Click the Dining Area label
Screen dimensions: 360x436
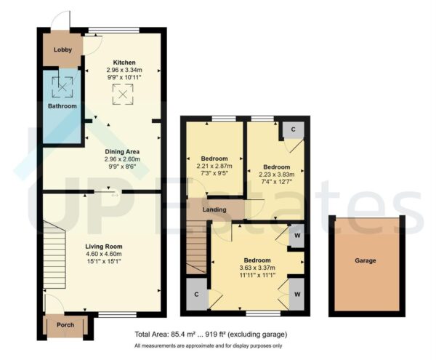pos(122,151)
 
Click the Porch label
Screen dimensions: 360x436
pos(65,325)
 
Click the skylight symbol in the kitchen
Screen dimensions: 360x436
pos(122,92)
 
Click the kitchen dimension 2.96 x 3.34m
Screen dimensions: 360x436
pos(122,70)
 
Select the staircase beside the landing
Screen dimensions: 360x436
pos(195,247)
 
